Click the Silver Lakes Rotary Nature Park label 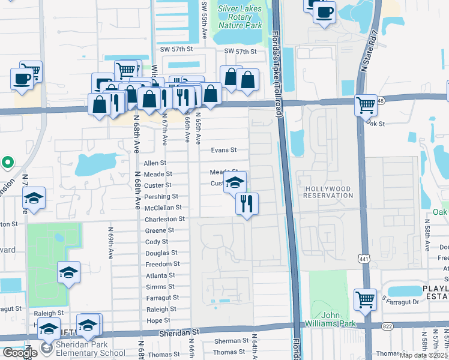[x=240, y=17]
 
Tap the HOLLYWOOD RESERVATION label [x=328, y=192]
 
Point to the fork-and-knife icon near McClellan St [x=247, y=203]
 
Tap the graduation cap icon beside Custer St [x=235, y=183]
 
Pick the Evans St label [x=223, y=150]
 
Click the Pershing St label [x=161, y=196]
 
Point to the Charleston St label [x=164, y=219]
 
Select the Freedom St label [x=163, y=264]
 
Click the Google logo [x=19, y=353]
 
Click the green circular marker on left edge [x=7, y=162]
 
